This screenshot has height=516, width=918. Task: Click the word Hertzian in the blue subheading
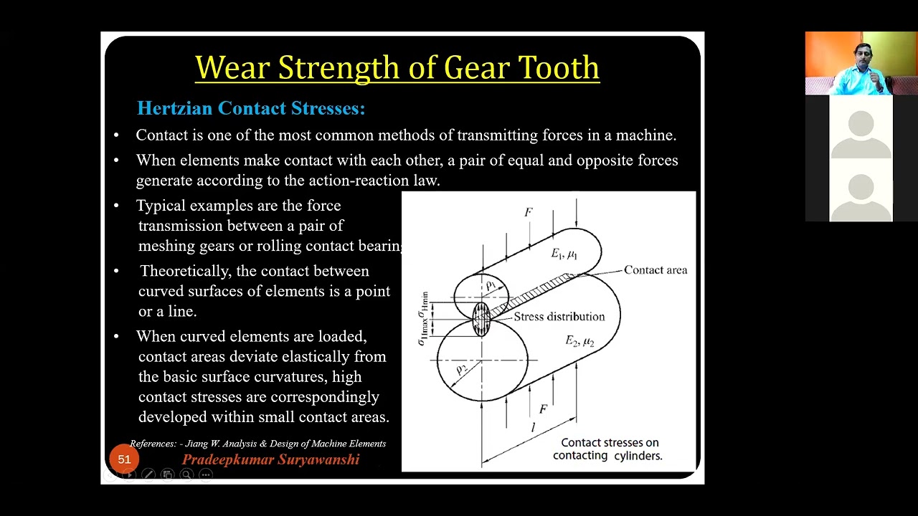tap(175, 108)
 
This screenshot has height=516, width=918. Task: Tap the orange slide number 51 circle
tap(124, 459)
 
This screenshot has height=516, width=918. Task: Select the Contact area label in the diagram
tap(655, 270)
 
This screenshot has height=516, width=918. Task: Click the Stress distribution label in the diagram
tap(559, 317)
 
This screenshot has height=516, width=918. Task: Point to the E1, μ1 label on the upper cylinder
tap(564, 254)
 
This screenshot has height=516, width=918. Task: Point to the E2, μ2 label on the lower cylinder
tap(579, 341)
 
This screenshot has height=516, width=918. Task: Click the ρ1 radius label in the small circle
tap(491, 286)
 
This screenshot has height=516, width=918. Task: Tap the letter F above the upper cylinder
tap(529, 212)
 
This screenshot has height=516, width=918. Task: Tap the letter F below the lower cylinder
tap(543, 409)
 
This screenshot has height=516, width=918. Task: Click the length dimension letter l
tap(532, 428)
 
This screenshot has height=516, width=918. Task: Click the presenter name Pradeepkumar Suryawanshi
tap(270, 460)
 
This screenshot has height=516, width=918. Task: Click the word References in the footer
tap(152, 444)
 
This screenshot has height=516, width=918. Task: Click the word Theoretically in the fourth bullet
tap(183, 271)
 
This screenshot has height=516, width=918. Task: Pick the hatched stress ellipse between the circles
tap(481, 320)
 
